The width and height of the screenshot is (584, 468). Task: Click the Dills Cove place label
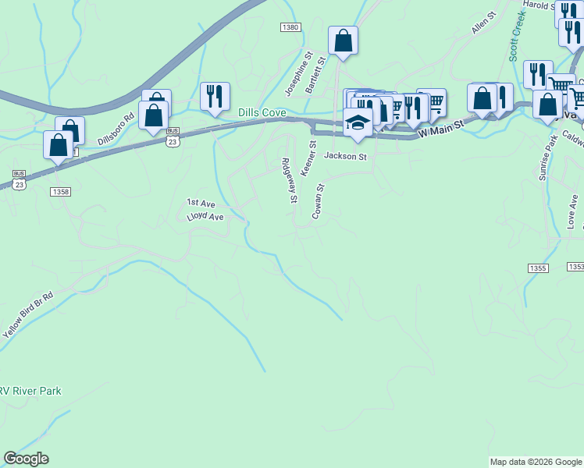pos(262,113)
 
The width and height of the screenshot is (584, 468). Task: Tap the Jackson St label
pos(345,156)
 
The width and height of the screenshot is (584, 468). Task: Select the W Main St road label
pos(442,128)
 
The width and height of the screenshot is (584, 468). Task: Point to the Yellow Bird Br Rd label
pos(27,314)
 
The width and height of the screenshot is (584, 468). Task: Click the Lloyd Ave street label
pos(205,217)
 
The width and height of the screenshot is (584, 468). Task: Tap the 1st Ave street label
pos(200,203)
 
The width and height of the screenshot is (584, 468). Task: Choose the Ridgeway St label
pos(289,181)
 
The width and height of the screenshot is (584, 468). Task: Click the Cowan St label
pos(318,202)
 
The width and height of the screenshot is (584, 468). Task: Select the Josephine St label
pos(297,74)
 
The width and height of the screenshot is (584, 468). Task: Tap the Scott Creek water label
pos(518,37)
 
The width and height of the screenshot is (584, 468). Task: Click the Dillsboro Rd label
pos(116,129)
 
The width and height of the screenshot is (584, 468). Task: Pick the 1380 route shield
pos(290,27)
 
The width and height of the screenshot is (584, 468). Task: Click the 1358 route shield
pos(60,191)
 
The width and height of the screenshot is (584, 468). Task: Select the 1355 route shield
pos(537,268)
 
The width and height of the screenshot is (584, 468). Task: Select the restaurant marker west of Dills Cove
pos(215,96)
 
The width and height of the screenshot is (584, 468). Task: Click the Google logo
pos(26,459)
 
